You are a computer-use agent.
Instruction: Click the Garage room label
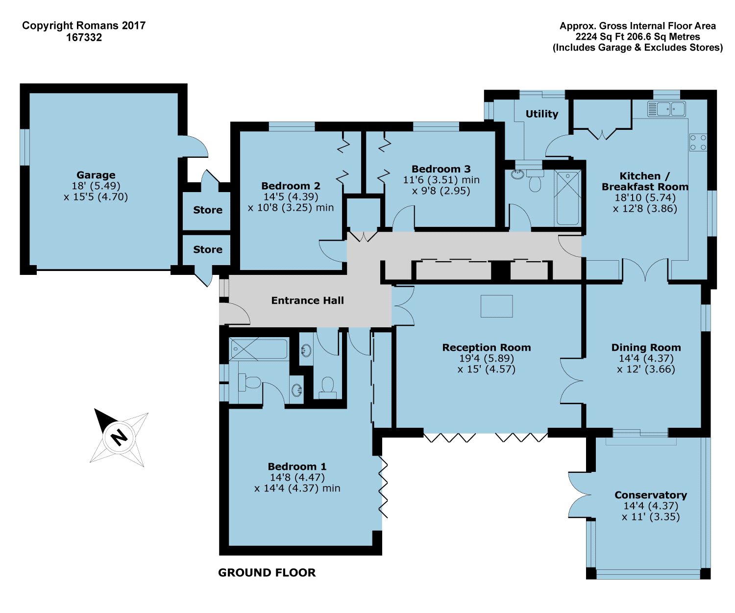point(96,175)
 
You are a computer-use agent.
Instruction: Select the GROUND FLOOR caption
point(267,572)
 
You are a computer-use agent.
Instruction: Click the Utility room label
point(541,114)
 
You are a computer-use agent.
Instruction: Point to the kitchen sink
point(666,109)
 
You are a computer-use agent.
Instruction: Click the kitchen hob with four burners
point(698,142)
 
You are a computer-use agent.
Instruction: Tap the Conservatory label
point(650,495)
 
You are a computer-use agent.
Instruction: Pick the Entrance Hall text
point(307,300)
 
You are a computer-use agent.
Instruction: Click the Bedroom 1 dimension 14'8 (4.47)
point(297,477)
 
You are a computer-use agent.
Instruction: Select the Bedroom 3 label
point(441,169)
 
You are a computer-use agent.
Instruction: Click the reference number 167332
point(84,37)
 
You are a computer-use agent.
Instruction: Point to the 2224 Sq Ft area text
point(637,37)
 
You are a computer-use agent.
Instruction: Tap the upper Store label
point(207,210)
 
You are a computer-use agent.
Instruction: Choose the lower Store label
point(207,249)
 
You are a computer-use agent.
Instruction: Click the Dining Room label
point(646,347)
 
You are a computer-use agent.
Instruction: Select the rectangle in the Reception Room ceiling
point(496,306)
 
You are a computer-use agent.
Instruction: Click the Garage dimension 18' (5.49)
point(96,186)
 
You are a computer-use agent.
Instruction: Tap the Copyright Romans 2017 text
point(84,25)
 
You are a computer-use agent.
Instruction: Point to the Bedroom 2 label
point(291,186)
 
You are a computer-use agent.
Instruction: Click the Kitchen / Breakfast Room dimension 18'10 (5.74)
point(645,197)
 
